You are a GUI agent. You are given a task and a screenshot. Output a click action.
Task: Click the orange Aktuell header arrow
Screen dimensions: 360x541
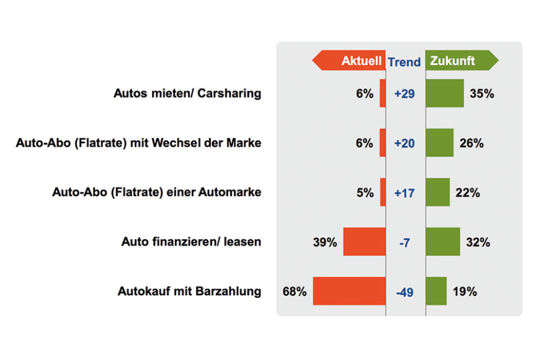point(348,61)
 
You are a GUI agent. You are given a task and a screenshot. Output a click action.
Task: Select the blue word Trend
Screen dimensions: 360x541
point(404,61)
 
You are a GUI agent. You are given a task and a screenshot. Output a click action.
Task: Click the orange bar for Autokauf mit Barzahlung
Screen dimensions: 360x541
point(349,290)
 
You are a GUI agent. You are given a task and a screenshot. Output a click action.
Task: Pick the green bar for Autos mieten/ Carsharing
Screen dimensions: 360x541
point(445,93)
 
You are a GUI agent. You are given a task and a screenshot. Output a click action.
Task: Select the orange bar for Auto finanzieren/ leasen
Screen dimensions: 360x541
point(364,242)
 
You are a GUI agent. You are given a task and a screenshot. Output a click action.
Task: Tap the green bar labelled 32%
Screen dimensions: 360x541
point(443,242)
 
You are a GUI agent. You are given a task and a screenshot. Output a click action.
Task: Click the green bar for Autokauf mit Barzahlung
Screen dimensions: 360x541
point(436,290)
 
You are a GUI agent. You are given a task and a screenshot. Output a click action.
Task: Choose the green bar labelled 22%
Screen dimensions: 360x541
point(437,192)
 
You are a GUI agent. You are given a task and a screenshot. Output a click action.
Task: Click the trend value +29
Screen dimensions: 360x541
point(405,94)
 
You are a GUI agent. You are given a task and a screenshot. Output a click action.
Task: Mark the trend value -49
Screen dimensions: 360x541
point(405,291)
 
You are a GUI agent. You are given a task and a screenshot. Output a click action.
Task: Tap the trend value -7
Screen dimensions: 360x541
point(405,242)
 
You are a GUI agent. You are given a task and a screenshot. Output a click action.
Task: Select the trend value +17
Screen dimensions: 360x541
point(405,192)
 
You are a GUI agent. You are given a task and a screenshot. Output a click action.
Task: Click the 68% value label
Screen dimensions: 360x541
point(294,291)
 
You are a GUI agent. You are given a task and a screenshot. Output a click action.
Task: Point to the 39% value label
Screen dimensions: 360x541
point(324,242)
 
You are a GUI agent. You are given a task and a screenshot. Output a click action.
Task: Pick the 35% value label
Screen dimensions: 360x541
point(481,94)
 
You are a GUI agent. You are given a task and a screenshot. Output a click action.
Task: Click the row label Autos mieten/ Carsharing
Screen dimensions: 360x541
point(187,94)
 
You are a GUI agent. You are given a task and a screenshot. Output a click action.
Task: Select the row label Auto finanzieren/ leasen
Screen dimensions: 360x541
point(191,242)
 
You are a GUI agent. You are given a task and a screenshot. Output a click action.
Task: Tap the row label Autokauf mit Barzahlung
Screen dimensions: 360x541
point(189,291)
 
